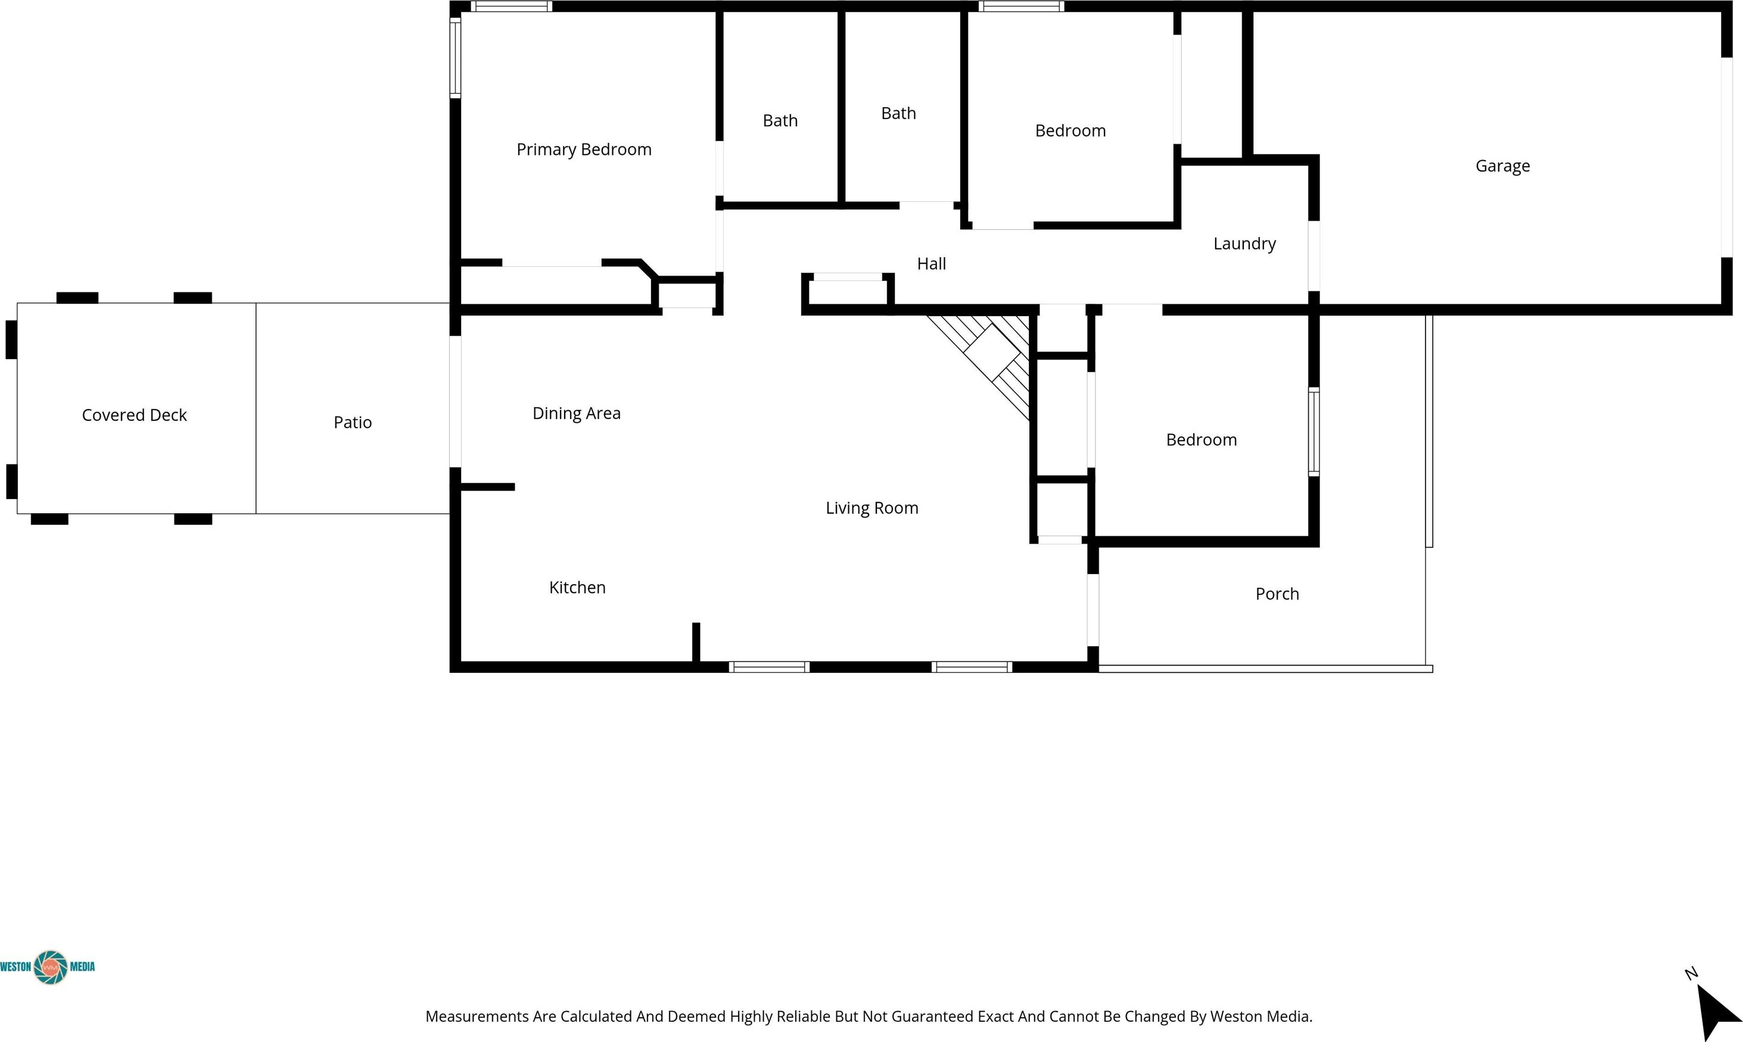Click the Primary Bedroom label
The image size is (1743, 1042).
584,149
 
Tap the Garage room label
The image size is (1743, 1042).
1502,166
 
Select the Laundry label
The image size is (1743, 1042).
1244,244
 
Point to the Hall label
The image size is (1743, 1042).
931,263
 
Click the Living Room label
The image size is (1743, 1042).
872,508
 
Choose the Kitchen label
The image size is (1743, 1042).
577,587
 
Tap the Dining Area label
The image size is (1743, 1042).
577,414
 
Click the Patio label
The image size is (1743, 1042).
353,422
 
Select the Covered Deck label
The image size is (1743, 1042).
134,415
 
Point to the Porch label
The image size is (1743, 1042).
1277,594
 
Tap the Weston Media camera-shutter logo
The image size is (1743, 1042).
51,968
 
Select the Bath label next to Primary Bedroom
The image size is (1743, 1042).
780,121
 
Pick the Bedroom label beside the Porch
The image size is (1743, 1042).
1201,439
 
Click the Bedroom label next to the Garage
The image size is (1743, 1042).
1070,130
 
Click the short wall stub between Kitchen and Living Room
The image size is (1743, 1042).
696,642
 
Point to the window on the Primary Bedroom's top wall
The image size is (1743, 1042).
511,7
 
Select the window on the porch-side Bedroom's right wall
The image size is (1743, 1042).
1314,431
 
